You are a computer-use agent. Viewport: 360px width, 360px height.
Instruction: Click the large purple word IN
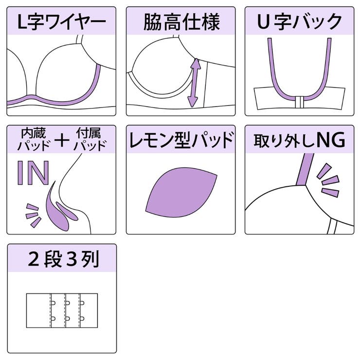33,172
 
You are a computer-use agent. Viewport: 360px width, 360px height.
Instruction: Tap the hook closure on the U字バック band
300,101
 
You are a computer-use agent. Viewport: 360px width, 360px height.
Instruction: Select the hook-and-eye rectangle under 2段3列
62,310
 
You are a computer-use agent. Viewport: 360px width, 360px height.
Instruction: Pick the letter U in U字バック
263,21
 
